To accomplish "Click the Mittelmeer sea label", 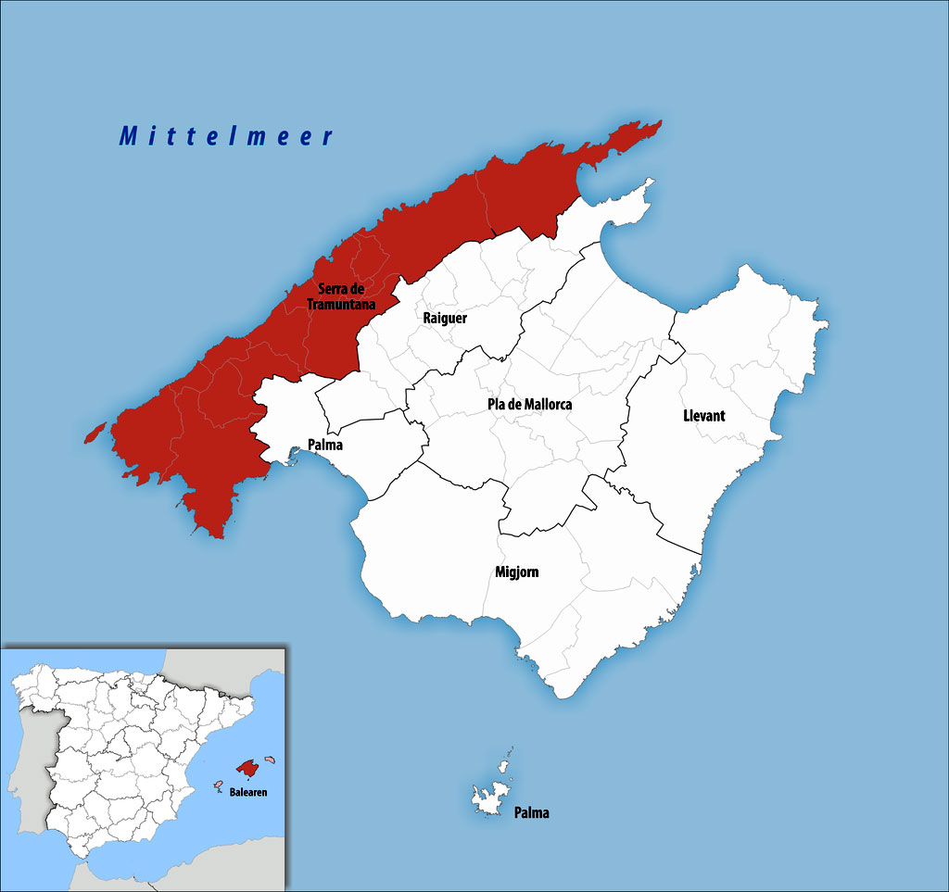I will coord(226,136).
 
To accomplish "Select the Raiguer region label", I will coord(445,318).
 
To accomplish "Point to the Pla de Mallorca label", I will coord(529,405).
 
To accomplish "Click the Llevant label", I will coord(703,416).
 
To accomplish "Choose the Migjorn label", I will coord(516,572).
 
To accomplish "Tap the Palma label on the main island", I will coord(324,445).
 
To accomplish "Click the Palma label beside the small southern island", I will coord(532,813).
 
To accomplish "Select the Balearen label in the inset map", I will coord(249,794).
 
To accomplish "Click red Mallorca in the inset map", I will coord(247,768).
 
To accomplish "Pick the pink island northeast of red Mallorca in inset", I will coord(271,759).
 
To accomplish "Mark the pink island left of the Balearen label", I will coord(219,785).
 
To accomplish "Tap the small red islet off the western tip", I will coord(95,432).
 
